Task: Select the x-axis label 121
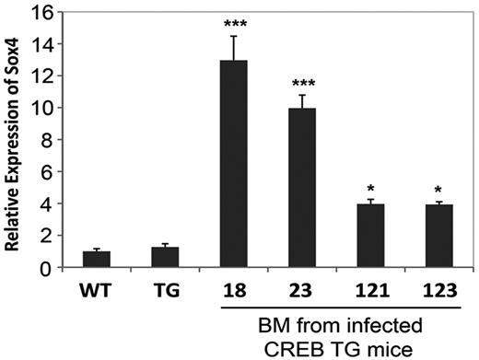pyautogui.click(x=368, y=287)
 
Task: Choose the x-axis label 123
pyautogui.click(x=435, y=287)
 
